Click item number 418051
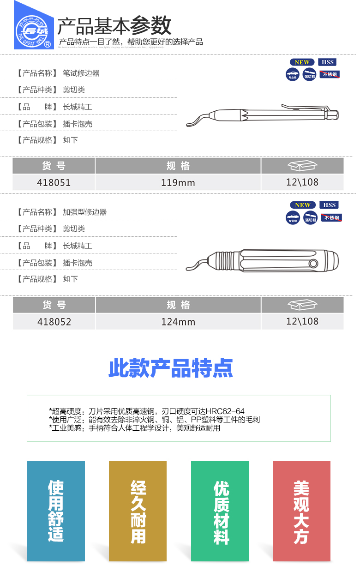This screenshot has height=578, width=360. pos(54,182)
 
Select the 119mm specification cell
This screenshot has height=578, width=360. pos(178,182)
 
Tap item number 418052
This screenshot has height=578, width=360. pos(54,322)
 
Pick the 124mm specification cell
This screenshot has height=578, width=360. pos(178,322)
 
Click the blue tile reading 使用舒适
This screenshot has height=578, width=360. pos(56,511)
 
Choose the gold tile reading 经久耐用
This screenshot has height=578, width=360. pos(138,511)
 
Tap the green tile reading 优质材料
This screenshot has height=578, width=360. pos(220,511)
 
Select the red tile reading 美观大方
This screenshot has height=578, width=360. pos(301,511)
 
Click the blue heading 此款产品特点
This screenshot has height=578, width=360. pos(171,368)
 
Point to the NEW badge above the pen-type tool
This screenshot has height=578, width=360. pos(302,62)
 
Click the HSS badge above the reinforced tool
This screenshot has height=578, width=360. pos(330,205)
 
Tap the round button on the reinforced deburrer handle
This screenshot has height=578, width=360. pos(314,263)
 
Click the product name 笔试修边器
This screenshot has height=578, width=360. pos(81,73)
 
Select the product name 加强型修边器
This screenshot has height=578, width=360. pos(85,212)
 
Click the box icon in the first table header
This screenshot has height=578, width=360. pos(302,165)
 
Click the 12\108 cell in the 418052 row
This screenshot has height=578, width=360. pos(302,321)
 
